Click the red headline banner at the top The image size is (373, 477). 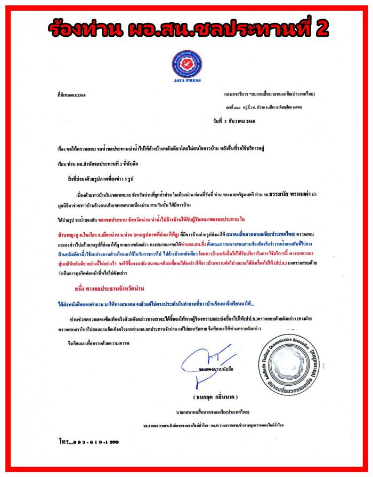pos(186,28)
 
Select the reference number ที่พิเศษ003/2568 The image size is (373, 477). pos(74,93)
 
